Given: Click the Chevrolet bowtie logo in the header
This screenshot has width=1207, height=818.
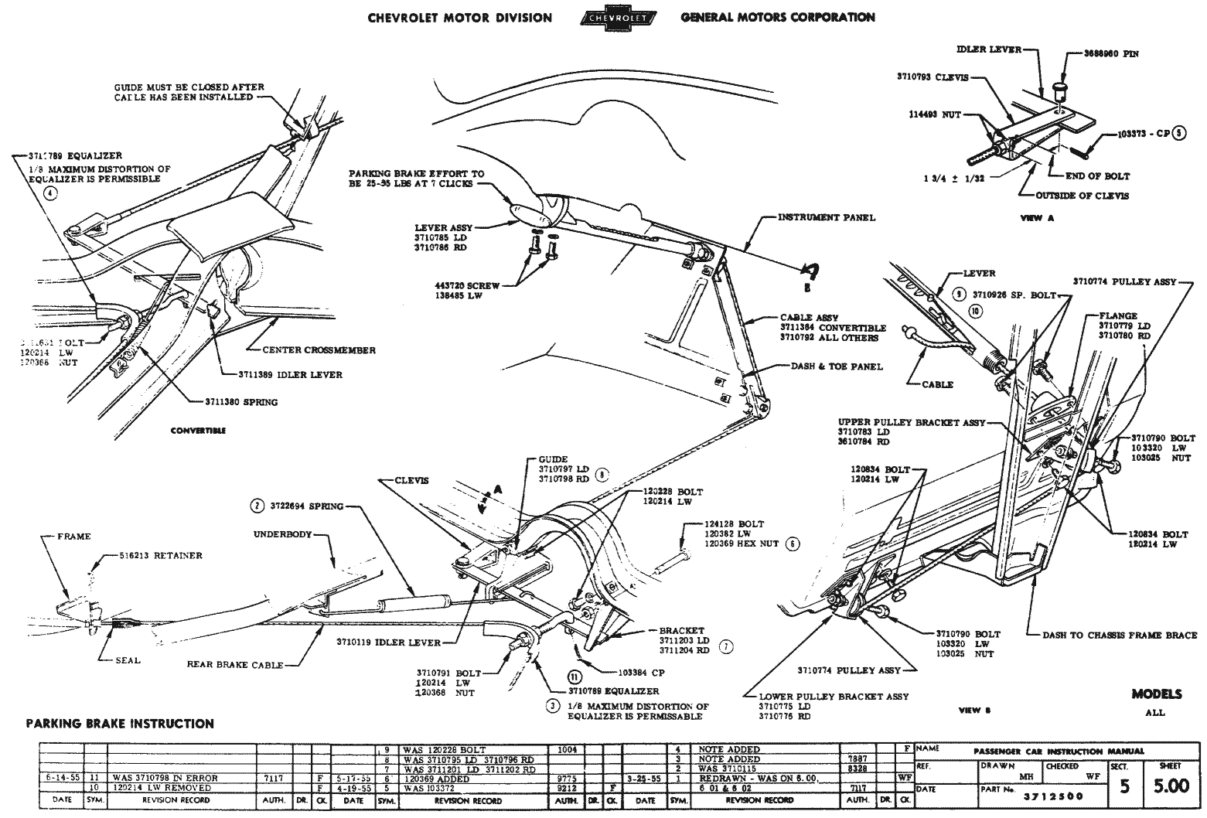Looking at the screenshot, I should (x=616, y=18).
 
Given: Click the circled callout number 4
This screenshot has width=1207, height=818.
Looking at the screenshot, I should (x=51, y=194).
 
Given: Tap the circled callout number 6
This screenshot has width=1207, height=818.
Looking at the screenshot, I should (x=792, y=544).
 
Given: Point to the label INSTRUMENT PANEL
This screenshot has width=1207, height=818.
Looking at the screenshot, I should (x=827, y=217).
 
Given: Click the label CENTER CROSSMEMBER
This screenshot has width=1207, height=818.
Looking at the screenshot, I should (x=319, y=350).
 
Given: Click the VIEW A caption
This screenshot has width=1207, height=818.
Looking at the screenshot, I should (x=1038, y=219).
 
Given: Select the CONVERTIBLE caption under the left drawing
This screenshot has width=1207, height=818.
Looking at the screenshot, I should (x=198, y=431).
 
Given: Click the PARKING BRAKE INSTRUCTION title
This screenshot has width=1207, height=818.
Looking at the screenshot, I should (x=120, y=724).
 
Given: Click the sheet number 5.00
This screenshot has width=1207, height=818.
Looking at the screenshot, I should (x=1171, y=786).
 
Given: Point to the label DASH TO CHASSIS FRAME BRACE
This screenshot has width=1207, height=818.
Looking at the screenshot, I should (x=1120, y=636).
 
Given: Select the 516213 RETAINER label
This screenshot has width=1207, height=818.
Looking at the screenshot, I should (x=161, y=555).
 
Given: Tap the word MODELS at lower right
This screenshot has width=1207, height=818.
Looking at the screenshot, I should (x=1156, y=694).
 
